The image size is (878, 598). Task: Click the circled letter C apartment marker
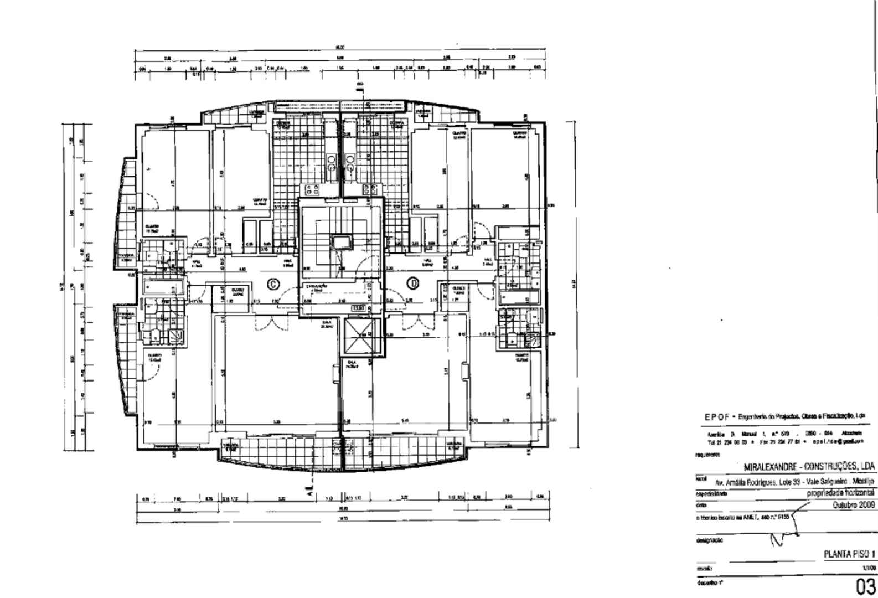pyautogui.click(x=273, y=284)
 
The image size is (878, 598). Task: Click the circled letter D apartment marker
pyautogui.click(x=413, y=283)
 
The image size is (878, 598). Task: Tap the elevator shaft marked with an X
pyautogui.click(x=359, y=336)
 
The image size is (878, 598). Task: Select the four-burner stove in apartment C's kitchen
pyautogui.click(x=312, y=190)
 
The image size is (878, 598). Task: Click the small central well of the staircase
pyautogui.click(x=340, y=241)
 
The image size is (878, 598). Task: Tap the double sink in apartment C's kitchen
pyautogui.click(x=332, y=162)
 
